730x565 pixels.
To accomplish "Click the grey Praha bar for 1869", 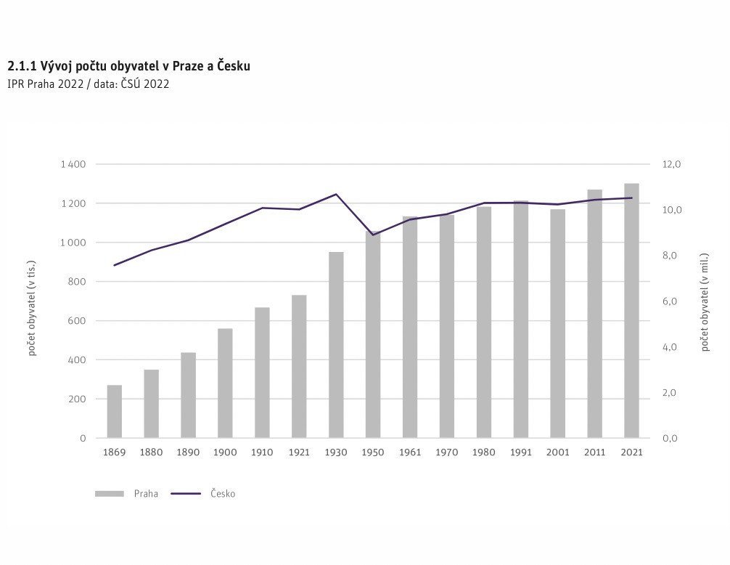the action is pyautogui.click(x=115, y=411).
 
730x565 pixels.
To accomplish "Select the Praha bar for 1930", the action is pyautogui.click(x=336, y=345).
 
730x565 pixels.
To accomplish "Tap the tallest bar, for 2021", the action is pyautogui.click(x=632, y=311).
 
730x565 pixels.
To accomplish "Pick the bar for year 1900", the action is pyautogui.click(x=226, y=383).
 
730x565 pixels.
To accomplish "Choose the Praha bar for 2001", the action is pyautogui.click(x=558, y=324).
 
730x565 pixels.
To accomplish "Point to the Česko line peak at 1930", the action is pyautogui.click(x=336, y=194).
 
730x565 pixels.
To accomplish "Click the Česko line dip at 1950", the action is pyautogui.click(x=373, y=235).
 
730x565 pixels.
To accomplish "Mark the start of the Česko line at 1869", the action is pyautogui.click(x=115, y=266).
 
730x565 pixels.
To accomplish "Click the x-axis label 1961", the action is pyautogui.click(x=410, y=452).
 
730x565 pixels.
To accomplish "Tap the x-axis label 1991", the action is pyautogui.click(x=520, y=452).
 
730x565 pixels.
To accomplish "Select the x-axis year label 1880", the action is pyautogui.click(x=152, y=452).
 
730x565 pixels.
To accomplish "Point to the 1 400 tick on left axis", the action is pyautogui.click(x=73, y=164).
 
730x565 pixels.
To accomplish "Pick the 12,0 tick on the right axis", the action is pyautogui.click(x=671, y=164).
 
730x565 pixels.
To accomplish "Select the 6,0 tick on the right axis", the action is pyautogui.click(x=670, y=301).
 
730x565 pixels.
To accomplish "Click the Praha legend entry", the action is pyautogui.click(x=127, y=494).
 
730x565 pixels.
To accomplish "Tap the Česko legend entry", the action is pyautogui.click(x=203, y=494).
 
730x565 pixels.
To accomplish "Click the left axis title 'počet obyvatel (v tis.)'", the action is pyautogui.click(x=32, y=308).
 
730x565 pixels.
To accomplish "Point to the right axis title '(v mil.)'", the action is pyautogui.click(x=705, y=269).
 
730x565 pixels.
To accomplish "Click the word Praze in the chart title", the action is pyautogui.click(x=188, y=66).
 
